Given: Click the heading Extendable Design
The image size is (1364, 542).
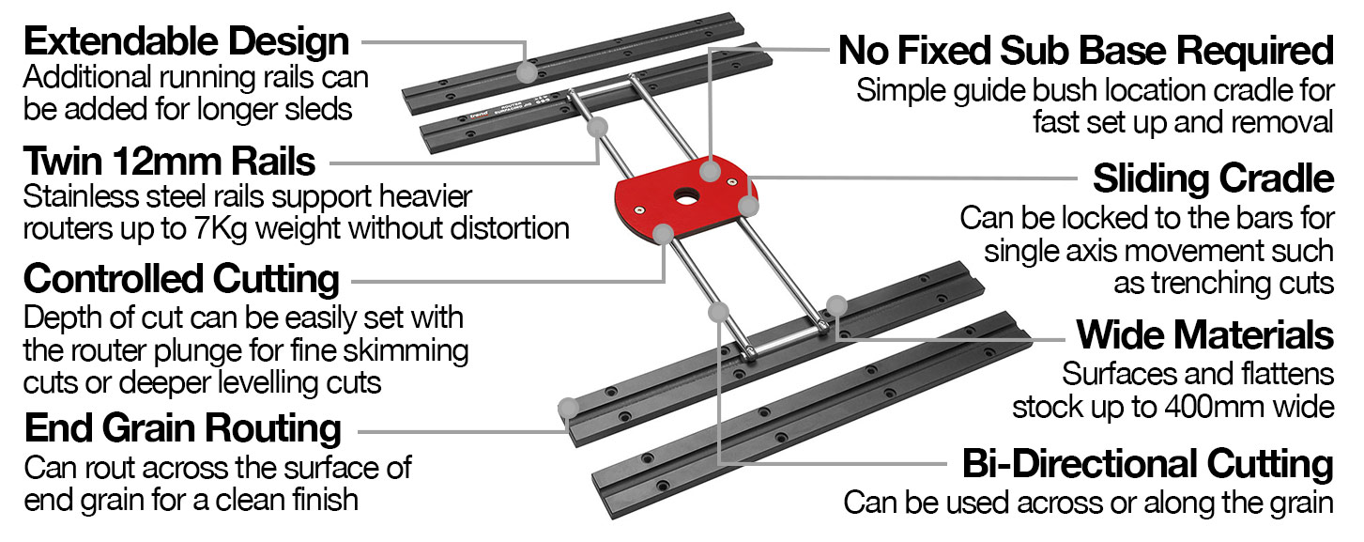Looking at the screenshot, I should point(187,42).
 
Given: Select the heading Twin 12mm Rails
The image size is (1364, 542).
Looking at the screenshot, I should point(170,163).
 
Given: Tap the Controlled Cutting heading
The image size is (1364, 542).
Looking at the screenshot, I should point(181,279).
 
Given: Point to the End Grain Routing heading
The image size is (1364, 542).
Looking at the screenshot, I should point(183,428).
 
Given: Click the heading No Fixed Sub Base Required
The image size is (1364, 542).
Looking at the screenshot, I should point(1085,51).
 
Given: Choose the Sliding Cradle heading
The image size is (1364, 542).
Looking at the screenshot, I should point(1213,178).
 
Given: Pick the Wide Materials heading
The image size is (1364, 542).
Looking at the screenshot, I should point(1205,334).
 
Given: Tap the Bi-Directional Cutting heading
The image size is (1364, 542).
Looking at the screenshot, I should point(1148,464).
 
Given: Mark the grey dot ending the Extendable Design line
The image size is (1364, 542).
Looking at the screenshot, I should point(529,71).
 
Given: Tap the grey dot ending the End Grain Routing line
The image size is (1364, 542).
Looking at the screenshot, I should point(567,408).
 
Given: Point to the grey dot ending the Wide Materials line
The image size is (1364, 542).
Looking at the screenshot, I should point(836,304).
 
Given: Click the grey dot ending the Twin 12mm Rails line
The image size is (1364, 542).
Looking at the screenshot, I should point(600,128).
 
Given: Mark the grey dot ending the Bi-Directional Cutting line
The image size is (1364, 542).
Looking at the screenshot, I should point(719,311).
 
